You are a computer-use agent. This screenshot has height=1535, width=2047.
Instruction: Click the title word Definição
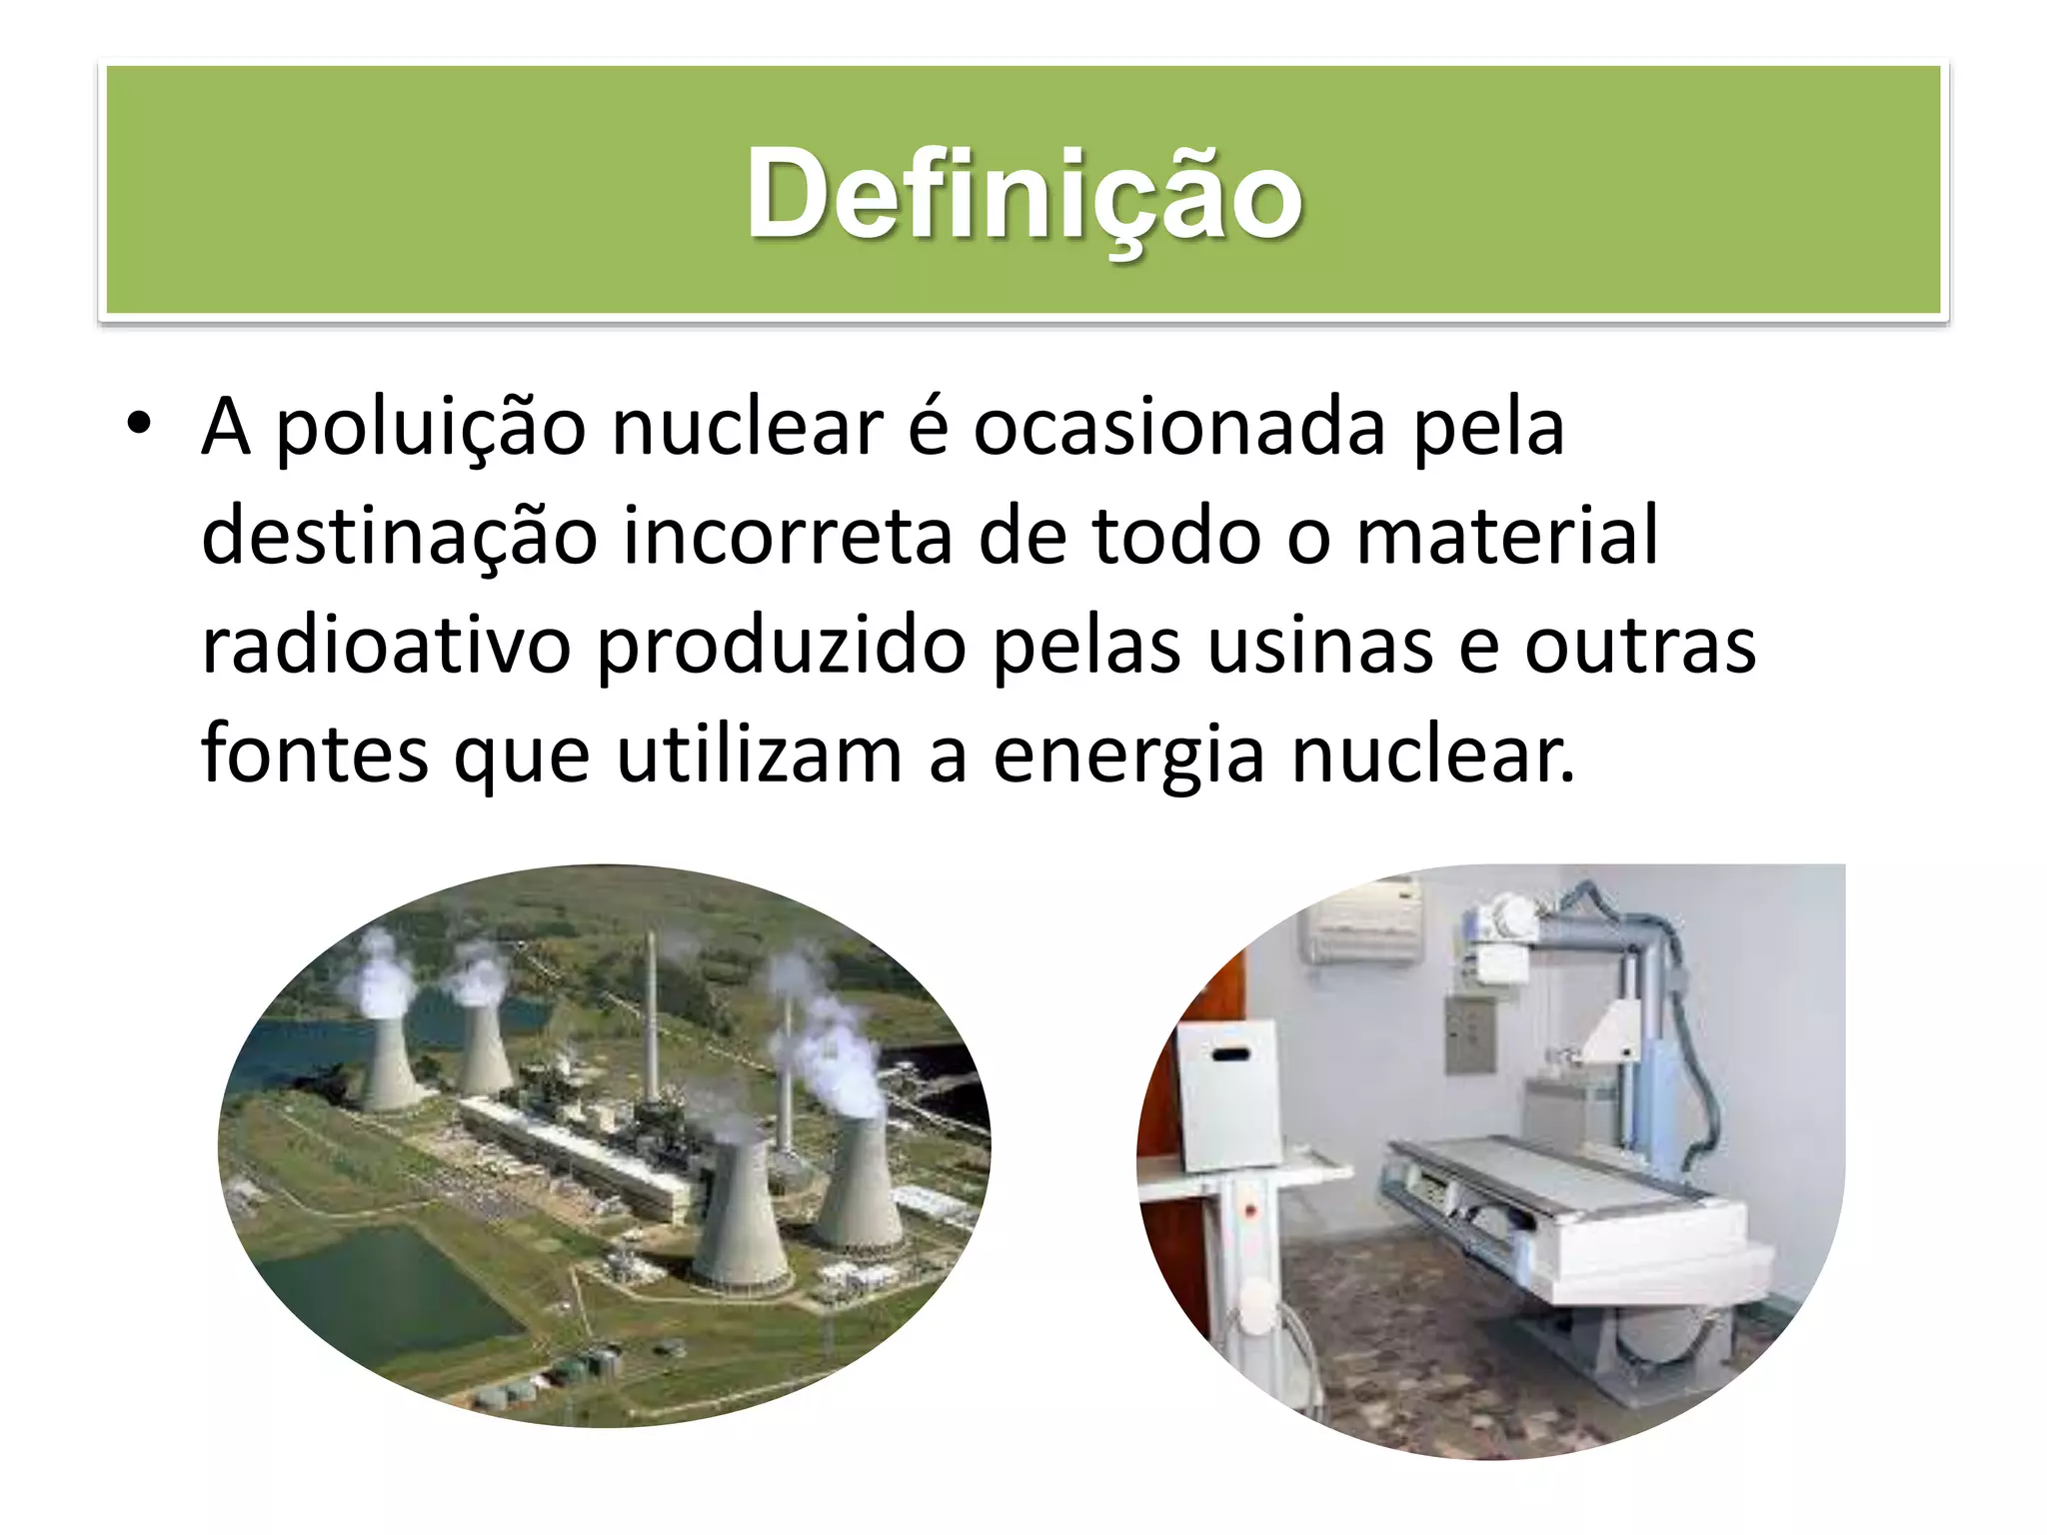1023,193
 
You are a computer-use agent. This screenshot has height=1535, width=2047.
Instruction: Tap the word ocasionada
1178,428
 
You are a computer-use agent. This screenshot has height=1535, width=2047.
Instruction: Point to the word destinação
399,537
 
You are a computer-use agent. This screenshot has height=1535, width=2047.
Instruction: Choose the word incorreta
788,537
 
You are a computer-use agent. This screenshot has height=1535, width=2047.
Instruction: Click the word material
1506,537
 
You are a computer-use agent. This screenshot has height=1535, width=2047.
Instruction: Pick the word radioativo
386,646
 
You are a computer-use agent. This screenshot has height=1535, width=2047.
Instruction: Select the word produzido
781,646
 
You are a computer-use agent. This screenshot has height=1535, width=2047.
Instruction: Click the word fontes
314,754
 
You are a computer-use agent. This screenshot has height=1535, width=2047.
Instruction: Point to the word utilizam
759,754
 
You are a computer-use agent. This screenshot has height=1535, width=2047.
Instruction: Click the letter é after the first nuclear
928,428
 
